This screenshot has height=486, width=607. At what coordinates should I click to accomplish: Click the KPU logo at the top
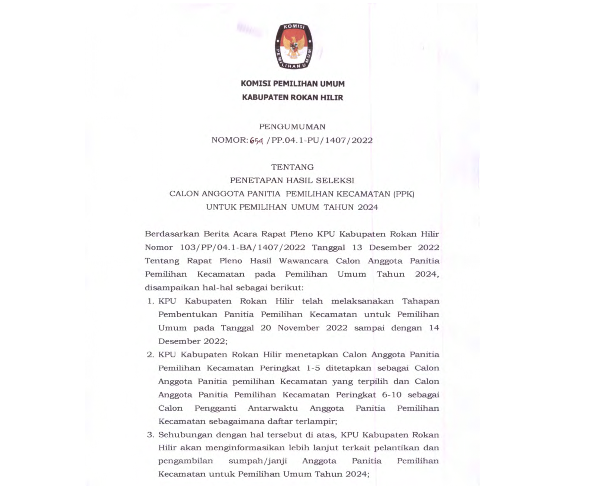[294, 46]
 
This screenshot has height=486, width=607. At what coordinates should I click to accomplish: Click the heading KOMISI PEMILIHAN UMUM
[293, 84]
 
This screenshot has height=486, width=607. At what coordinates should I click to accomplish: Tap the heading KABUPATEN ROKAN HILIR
[293, 97]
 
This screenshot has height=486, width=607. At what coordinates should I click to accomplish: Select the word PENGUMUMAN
[292, 127]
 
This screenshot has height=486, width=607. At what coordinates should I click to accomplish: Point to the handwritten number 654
[256, 140]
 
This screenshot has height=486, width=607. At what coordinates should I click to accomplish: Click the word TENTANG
[292, 167]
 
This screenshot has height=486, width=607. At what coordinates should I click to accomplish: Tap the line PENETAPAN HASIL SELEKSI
[292, 180]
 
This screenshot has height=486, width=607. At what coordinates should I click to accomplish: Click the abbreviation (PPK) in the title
[404, 194]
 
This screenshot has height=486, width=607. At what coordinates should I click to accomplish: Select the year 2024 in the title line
[368, 207]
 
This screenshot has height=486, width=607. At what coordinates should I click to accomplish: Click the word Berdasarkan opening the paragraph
[172, 234]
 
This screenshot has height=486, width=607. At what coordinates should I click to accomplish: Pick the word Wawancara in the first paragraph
[303, 261]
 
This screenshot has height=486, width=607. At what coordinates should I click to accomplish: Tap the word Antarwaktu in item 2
[273, 408]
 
